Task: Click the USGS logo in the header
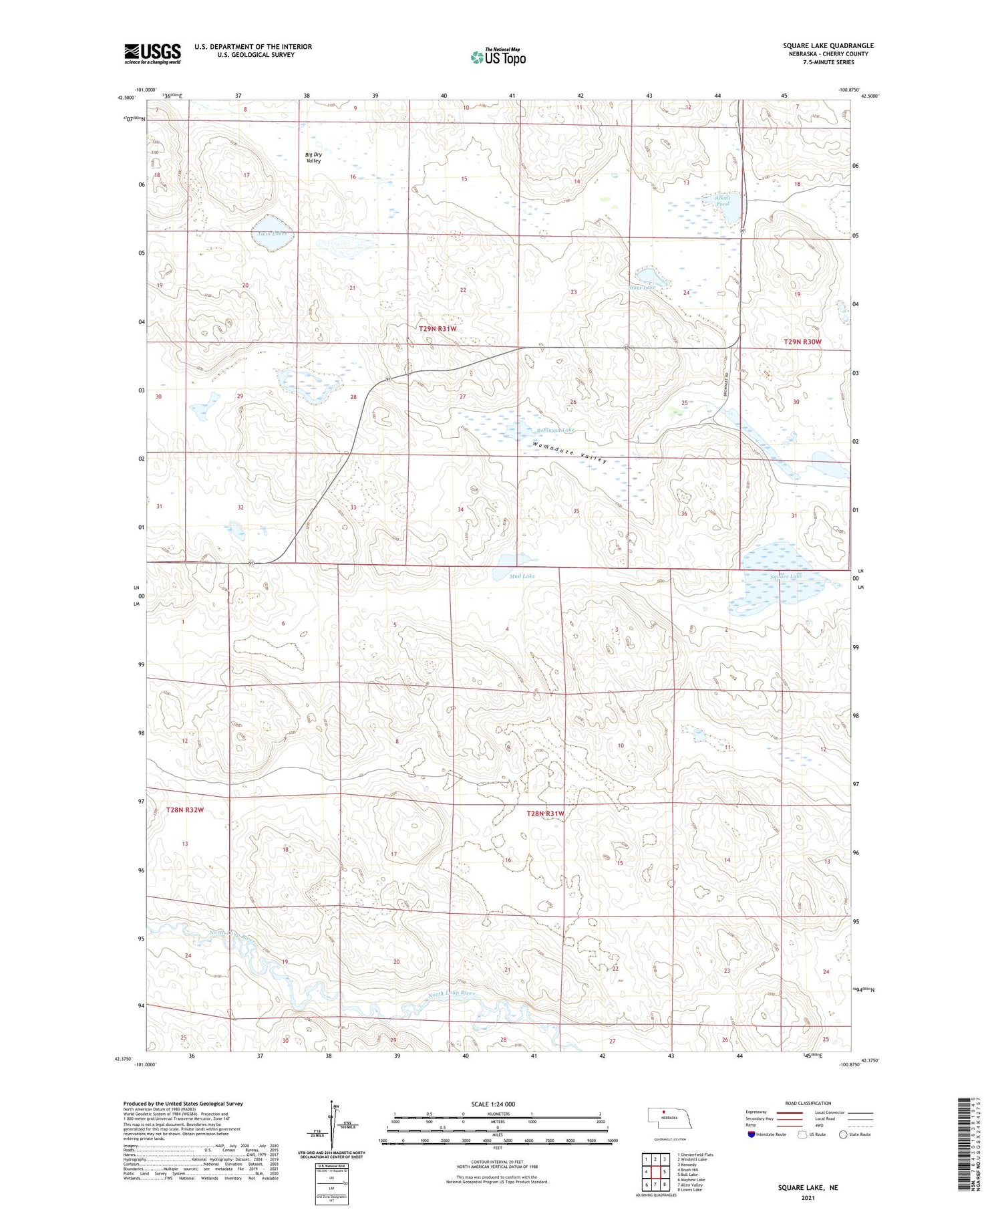(x=152, y=53)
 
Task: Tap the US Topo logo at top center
(x=498, y=57)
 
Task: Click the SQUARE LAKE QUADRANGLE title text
(x=828, y=45)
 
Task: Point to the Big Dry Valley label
(x=313, y=158)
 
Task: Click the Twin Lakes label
(x=272, y=233)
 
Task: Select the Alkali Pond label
(x=721, y=200)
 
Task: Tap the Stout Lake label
(x=641, y=287)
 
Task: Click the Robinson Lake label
(x=554, y=430)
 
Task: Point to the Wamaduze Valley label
(x=570, y=452)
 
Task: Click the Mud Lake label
(x=522, y=576)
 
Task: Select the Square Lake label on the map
(x=786, y=576)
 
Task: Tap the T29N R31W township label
(x=438, y=328)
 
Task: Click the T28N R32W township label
(x=184, y=810)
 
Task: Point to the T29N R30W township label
(x=802, y=342)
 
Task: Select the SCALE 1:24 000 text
(x=493, y=1104)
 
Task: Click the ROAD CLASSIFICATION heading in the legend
(x=808, y=1103)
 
